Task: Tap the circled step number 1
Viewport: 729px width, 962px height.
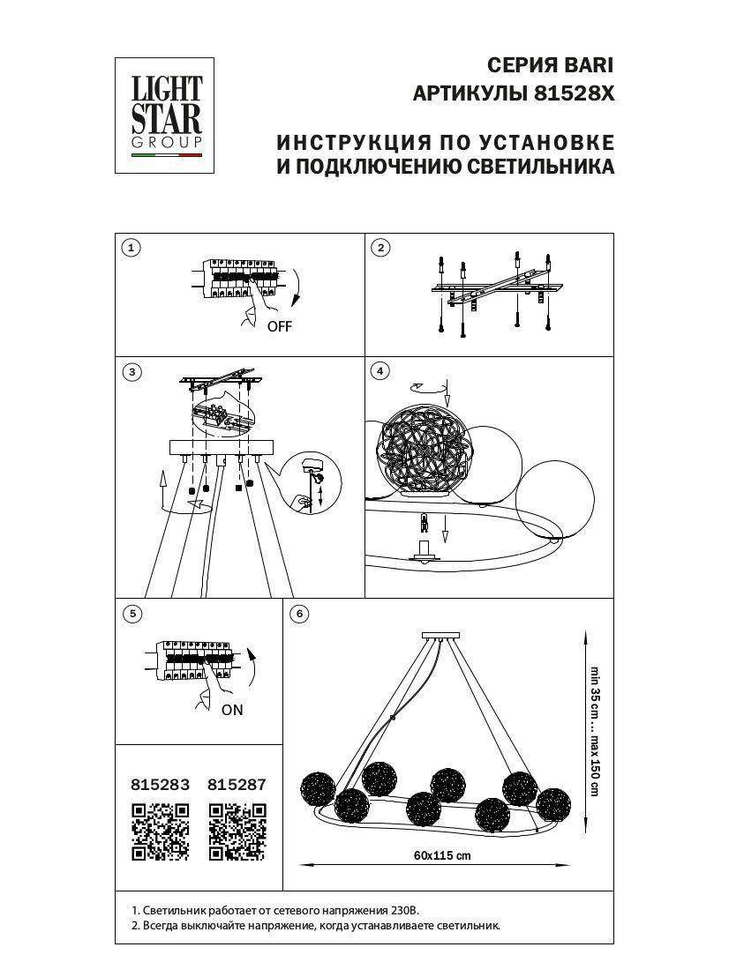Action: coord(131,248)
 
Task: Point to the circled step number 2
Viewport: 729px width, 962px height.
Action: coord(380,248)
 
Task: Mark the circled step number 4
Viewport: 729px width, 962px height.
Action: coord(380,371)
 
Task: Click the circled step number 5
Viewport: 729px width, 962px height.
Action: coord(132,614)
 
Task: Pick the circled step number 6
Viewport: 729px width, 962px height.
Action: coord(299,614)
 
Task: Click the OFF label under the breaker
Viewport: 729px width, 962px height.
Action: coord(280,326)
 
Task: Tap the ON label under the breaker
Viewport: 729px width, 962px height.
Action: coord(232,710)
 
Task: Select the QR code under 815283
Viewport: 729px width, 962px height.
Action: coord(161,831)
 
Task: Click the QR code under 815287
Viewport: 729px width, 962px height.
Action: coord(237,831)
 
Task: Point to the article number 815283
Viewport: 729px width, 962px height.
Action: coord(161,785)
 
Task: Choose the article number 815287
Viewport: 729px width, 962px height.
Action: coord(237,785)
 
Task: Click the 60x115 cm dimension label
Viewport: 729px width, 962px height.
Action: coord(442,855)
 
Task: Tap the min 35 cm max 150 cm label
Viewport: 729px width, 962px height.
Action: coord(595,731)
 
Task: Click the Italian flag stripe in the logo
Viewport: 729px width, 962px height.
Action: coord(167,155)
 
